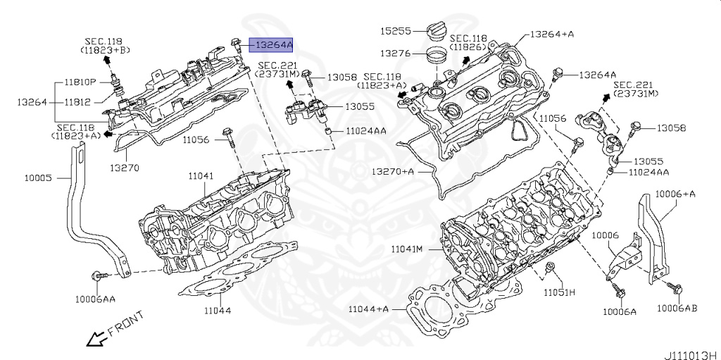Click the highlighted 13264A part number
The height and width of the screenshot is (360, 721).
click(x=273, y=44)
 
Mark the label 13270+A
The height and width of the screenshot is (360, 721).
click(x=394, y=171)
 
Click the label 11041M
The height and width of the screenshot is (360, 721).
click(x=407, y=249)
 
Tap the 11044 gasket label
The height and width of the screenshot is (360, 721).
click(x=218, y=310)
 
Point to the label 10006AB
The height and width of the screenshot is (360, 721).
click(x=677, y=308)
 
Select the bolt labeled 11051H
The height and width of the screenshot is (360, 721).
click(x=551, y=268)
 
